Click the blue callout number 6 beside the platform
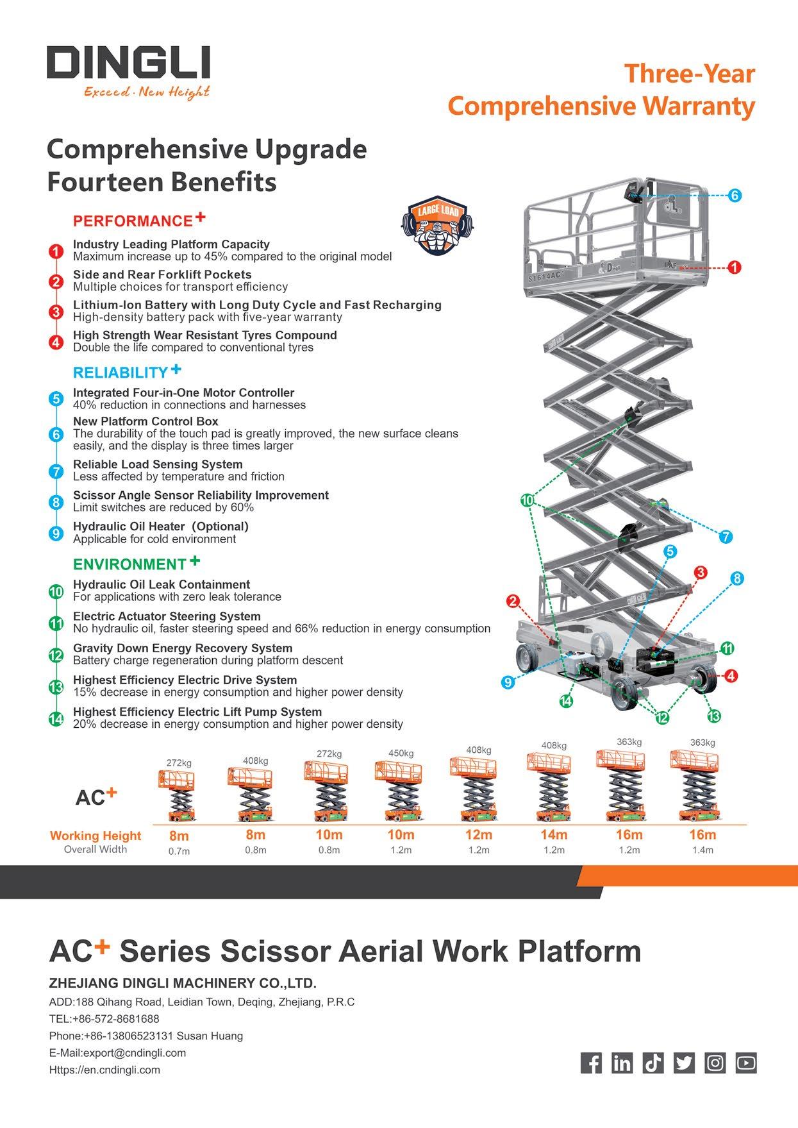[x=735, y=196]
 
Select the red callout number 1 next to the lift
[x=735, y=267]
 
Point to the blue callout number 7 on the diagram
[x=725, y=537]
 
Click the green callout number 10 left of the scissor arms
[x=527, y=501]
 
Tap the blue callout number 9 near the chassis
[x=508, y=682]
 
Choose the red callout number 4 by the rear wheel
[x=731, y=675]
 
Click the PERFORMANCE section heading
[x=133, y=221]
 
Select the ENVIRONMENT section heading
[x=129, y=564]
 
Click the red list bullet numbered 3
[x=56, y=312]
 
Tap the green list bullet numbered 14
[x=56, y=719]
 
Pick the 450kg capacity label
[x=401, y=753]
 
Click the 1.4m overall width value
[x=702, y=850]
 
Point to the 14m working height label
[x=554, y=835]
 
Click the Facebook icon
[x=591, y=1063]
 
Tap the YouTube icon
[x=746, y=1063]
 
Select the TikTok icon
[x=653, y=1063]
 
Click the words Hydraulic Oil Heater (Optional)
[x=160, y=526]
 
